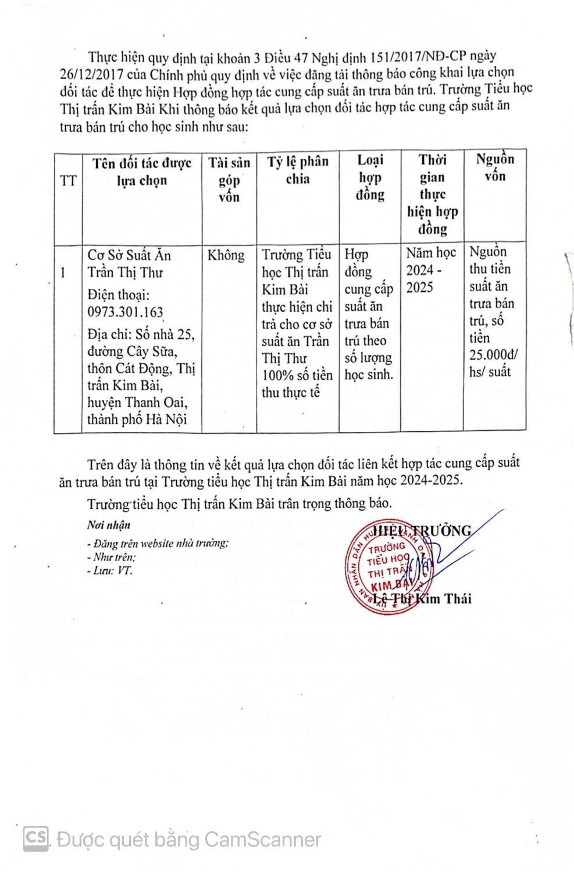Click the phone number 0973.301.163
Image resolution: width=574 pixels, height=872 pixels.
click(x=125, y=312)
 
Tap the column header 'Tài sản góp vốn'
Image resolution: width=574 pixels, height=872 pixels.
click(x=229, y=180)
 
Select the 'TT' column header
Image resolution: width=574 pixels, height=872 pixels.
click(x=68, y=181)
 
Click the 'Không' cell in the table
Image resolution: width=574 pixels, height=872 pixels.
click(x=226, y=255)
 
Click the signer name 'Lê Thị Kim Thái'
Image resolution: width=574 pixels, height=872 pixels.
click(x=422, y=599)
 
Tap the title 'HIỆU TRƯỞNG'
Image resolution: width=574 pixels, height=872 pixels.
click(x=422, y=531)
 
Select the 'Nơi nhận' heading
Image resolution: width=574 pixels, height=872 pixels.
click(x=109, y=525)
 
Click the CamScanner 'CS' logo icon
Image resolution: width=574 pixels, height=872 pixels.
click(x=35, y=838)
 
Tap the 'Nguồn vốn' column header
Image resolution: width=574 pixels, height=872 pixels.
click(x=495, y=167)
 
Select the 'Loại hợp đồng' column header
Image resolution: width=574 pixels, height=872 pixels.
click(x=370, y=177)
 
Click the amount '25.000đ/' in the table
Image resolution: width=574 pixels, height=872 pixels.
click(x=493, y=355)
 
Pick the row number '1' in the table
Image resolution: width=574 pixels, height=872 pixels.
click(x=63, y=273)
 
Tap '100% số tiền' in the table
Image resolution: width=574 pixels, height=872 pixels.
click(x=297, y=376)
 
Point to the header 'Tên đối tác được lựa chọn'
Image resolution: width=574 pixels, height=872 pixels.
click(x=142, y=172)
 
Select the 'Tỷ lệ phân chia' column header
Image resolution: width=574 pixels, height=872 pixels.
click(x=298, y=170)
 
